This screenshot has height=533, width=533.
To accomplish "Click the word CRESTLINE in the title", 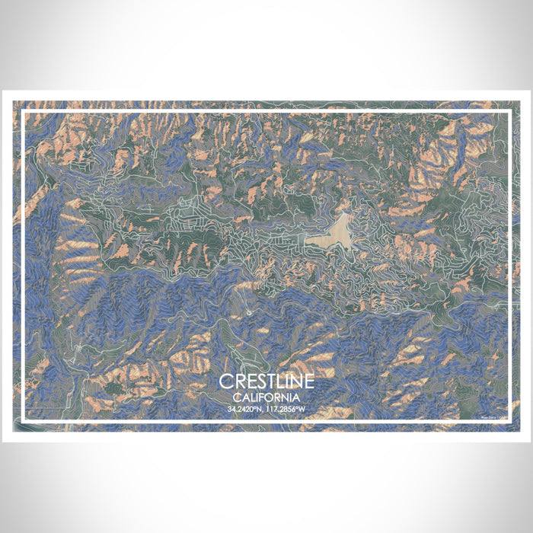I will [x=266, y=381].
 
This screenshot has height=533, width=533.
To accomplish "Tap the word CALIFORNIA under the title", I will [x=266, y=397].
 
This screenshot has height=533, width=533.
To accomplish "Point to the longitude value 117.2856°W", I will [x=287, y=410].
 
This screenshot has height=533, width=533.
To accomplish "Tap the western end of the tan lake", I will [x=306, y=241].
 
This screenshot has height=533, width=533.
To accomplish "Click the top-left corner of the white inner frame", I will [x=23, y=112].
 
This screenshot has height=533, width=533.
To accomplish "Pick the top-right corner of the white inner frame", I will [x=509, y=112].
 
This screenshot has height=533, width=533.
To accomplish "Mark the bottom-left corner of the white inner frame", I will [x=23, y=421].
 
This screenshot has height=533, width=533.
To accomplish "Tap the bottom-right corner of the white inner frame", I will [x=509, y=421].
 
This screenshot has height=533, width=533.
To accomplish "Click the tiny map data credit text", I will [x=493, y=417].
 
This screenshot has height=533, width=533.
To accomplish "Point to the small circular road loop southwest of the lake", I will [x=249, y=312].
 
